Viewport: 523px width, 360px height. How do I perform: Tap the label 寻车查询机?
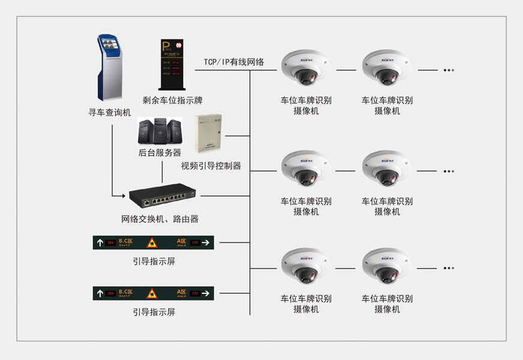click(110, 112)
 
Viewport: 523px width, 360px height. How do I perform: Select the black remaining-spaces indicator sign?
click(171, 64)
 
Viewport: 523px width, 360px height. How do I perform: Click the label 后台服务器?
click(160, 153)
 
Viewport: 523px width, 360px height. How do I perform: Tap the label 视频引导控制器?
click(211, 165)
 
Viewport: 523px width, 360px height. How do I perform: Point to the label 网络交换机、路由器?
click(160, 219)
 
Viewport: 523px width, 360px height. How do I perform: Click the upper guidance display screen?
click(154, 243)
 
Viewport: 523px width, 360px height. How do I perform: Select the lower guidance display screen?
click(154, 294)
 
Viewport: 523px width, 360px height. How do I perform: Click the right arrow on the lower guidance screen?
click(205, 294)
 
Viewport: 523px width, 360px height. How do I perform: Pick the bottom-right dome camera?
click(387, 266)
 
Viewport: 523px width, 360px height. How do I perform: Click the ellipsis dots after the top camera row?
click(449, 70)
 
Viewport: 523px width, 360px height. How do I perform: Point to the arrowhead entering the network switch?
click(124, 195)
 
